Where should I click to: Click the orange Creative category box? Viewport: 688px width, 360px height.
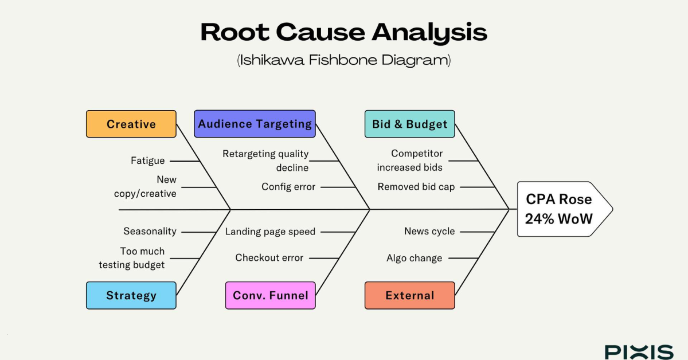pos(131,124)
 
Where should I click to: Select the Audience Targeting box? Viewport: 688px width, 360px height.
pos(255,124)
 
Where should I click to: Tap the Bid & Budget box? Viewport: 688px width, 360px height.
pos(409,124)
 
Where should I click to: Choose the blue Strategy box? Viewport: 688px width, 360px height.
pos(131,295)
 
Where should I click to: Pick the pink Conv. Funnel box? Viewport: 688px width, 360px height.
pos(270,295)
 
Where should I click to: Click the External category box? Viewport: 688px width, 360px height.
pos(409,295)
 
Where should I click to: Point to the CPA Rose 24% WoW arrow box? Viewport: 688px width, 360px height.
pos(559,209)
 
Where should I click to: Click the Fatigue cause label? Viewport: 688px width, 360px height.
pos(147,161)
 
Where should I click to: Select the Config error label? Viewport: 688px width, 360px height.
pos(288,187)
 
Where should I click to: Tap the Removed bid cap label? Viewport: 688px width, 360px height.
pos(416,187)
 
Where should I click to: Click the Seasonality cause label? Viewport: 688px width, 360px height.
pos(150,231)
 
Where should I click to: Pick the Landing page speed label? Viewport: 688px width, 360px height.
pos(270,232)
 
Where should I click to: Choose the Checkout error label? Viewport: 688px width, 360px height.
pos(269,258)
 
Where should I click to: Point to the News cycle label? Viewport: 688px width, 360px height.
pos(429,231)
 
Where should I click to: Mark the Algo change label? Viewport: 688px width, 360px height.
pos(414,258)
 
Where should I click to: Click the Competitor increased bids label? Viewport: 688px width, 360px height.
pos(410,161)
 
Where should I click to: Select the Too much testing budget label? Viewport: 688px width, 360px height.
pos(132,258)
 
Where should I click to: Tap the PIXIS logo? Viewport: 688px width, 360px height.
pos(639,351)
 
